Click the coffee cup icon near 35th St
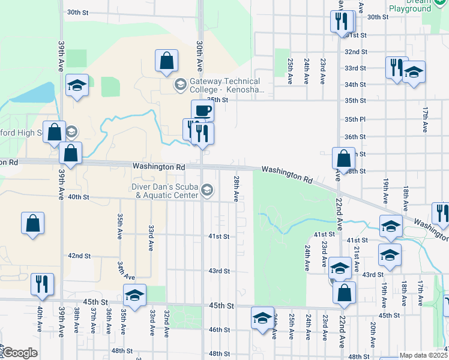coord(203,110)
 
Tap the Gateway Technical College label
coord(226,85)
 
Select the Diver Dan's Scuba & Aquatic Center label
coord(164,191)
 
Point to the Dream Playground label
coord(410,5)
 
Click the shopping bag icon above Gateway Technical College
coord(166,61)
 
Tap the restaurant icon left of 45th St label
coord(42,284)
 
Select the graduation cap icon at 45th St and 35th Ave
coord(135,295)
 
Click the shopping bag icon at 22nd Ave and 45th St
coord(344,293)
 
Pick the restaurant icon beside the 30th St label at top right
coord(342,22)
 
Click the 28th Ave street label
coord(237,188)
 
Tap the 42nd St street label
coord(79,256)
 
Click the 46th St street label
coord(218,329)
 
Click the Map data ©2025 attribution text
coord(423,355)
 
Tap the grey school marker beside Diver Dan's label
coord(207,191)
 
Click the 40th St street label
coord(78,197)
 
